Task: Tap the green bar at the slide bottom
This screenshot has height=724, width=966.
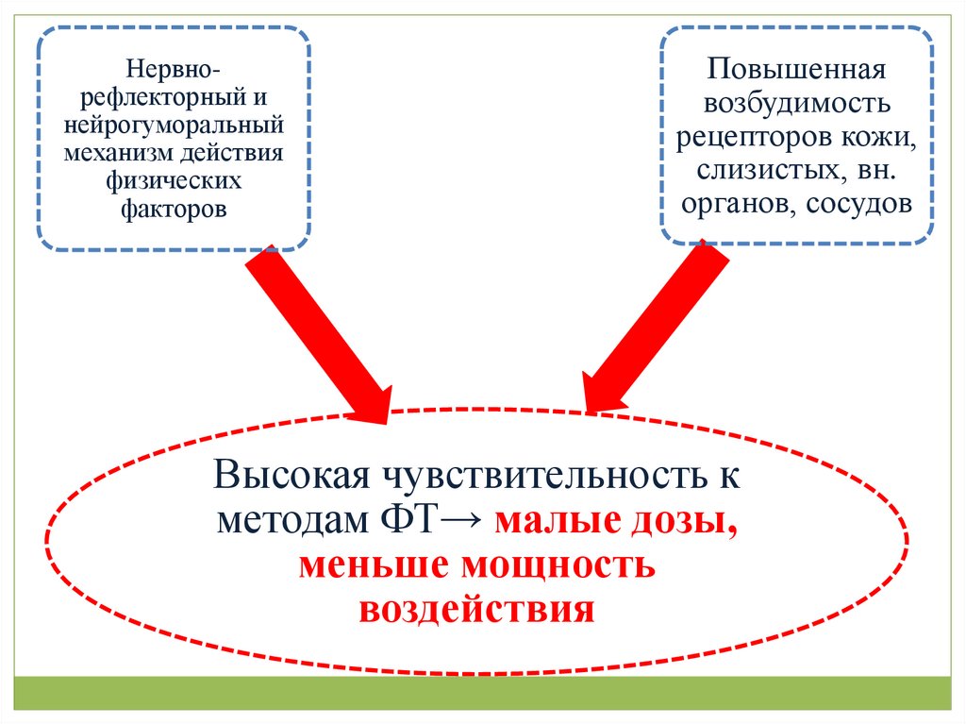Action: (483, 692)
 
